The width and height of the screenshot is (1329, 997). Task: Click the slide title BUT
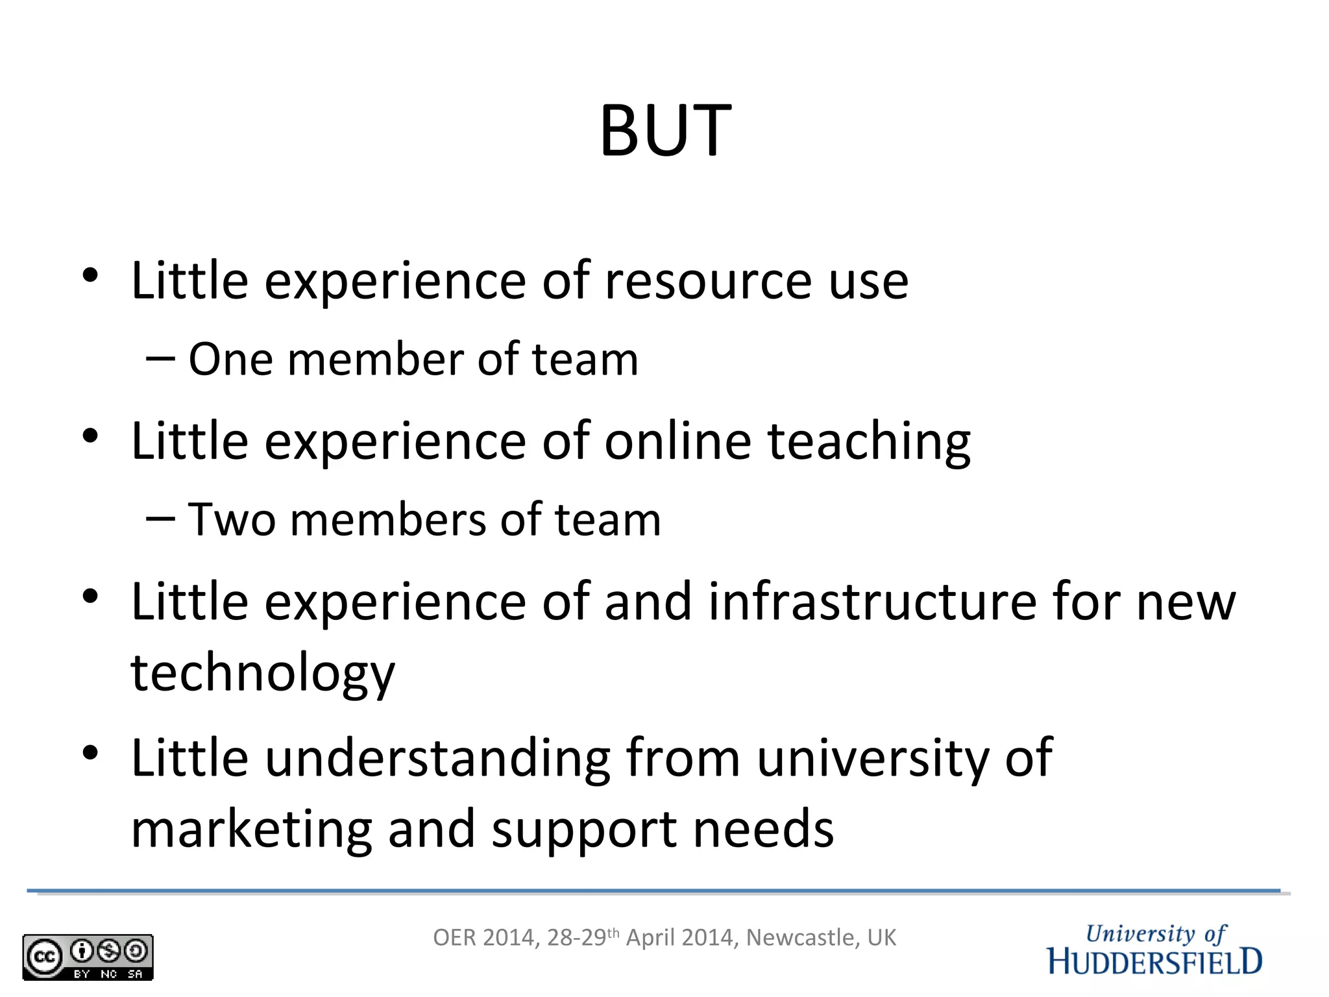[x=665, y=131]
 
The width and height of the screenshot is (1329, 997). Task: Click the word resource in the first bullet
[x=707, y=282]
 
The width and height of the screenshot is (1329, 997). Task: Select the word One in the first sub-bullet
[x=230, y=360]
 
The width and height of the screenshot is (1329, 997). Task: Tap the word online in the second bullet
[x=677, y=441]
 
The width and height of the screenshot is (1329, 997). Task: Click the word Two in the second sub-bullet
[x=232, y=520]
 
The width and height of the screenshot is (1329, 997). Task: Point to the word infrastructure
[x=872, y=602]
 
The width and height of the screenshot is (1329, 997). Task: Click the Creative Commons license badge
[x=88, y=957]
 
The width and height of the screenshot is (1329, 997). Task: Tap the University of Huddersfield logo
[x=1154, y=950]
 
